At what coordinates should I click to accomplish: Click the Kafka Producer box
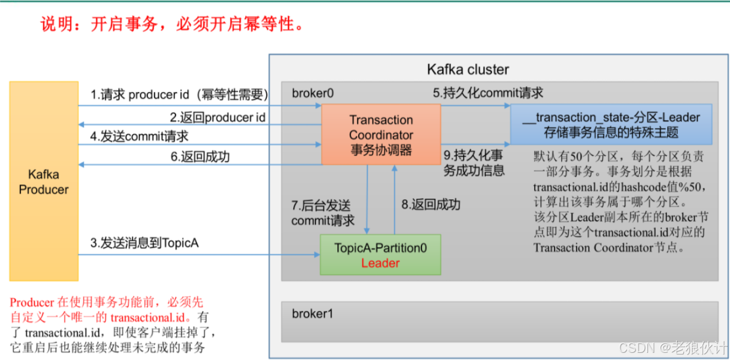[x=43, y=182]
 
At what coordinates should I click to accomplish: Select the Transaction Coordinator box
[x=381, y=135]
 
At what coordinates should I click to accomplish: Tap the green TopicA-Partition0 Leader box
[x=380, y=255]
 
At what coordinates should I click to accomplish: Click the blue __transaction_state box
[x=611, y=125]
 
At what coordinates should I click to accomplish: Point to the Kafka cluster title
[x=468, y=70]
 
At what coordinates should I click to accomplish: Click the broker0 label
[x=312, y=93]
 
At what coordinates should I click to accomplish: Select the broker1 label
[x=312, y=314]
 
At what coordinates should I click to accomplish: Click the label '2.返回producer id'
[x=217, y=117]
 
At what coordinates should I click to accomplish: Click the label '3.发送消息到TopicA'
[x=145, y=243]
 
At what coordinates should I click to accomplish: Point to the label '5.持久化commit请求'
[x=488, y=93]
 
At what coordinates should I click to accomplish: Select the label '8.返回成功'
[x=430, y=205]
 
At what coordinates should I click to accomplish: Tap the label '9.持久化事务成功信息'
[x=474, y=162]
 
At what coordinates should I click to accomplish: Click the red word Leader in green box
[x=380, y=263]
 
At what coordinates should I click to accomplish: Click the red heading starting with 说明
[x=172, y=24]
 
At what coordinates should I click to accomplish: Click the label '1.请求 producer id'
[x=179, y=95]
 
